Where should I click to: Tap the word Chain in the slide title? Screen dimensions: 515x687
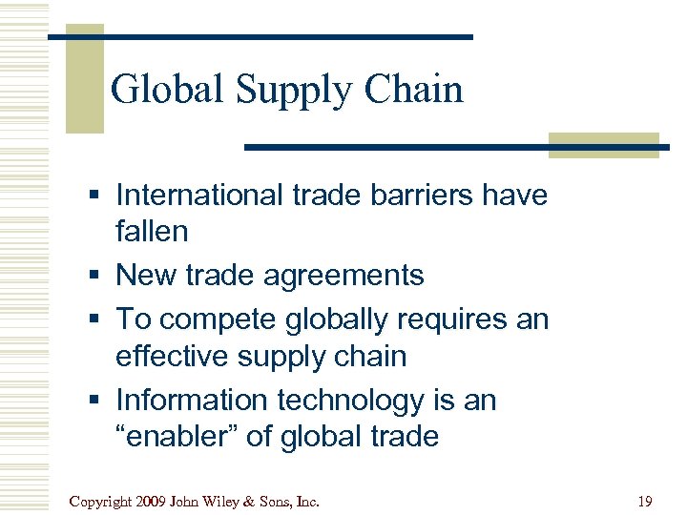point(416,90)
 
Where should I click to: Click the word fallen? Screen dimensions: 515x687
point(152,231)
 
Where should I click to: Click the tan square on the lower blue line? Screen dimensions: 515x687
point(604,144)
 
